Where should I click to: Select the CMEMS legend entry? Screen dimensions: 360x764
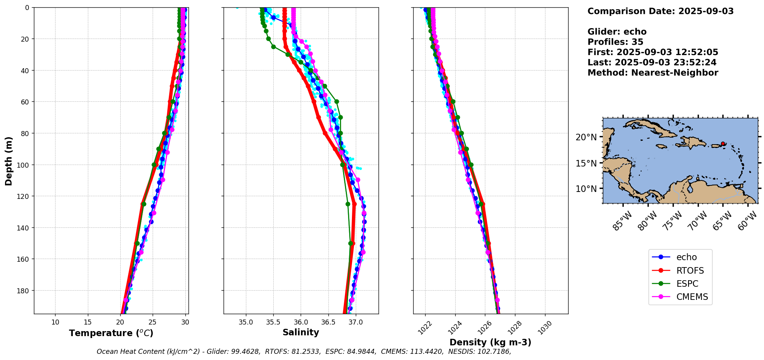[x=692, y=297]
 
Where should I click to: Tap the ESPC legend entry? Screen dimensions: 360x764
[x=687, y=284]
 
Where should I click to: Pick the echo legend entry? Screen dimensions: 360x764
[x=687, y=257]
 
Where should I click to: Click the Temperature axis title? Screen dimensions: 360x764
[x=111, y=333]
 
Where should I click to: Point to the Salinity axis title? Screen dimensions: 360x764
[x=301, y=333]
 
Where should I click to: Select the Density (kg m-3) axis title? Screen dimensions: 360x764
[x=490, y=342]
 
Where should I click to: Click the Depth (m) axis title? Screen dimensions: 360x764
[x=8, y=161]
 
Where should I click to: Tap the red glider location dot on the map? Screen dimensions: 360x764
[x=723, y=143]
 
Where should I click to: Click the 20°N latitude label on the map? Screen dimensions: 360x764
[x=586, y=137]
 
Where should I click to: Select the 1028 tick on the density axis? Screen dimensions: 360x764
[x=514, y=328]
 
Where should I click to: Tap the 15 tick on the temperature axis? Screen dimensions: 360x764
[x=88, y=322]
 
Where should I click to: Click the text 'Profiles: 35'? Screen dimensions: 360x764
[x=615, y=42]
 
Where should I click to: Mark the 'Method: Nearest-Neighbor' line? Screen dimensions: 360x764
[x=653, y=73]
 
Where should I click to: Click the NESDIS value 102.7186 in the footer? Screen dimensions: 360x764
[x=494, y=352]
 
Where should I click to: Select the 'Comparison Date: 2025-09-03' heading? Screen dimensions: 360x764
[x=660, y=11]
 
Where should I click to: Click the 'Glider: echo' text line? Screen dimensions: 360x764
[x=617, y=32]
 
